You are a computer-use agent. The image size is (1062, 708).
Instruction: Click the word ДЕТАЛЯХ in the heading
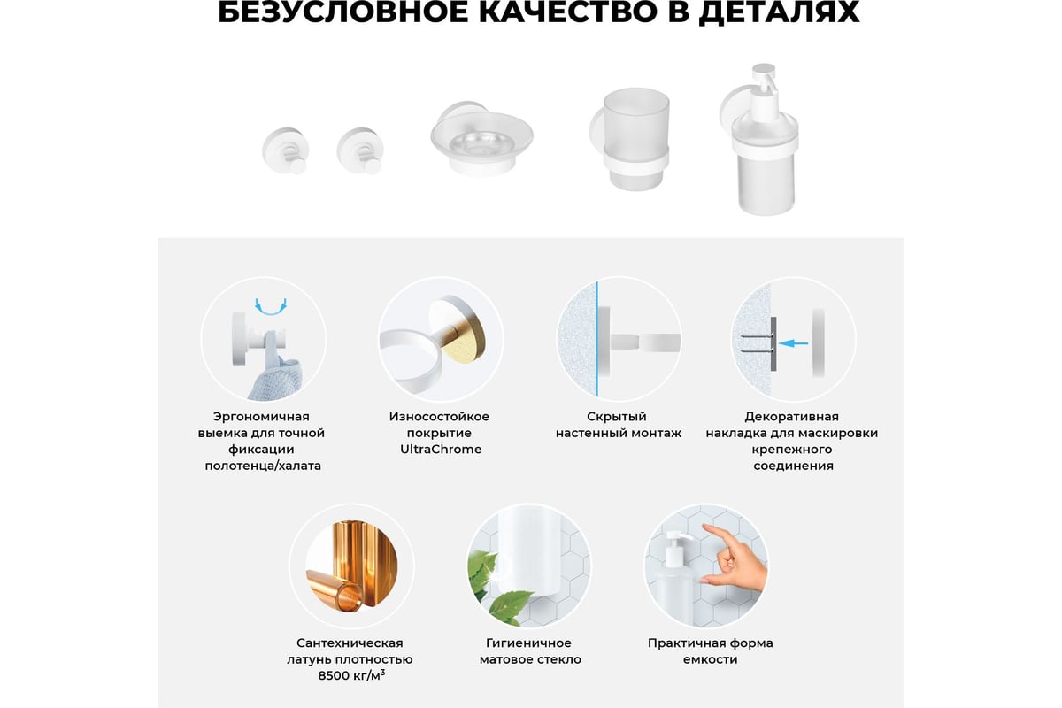pyautogui.click(x=779, y=13)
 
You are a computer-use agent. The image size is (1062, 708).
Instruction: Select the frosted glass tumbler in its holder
pyautogui.click(x=631, y=139)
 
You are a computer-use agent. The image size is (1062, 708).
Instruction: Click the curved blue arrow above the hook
pyautogui.click(x=270, y=307)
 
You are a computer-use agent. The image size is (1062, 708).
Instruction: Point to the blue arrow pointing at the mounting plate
pyautogui.click(x=794, y=342)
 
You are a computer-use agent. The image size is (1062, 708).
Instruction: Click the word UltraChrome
pyautogui.click(x=441, y=449)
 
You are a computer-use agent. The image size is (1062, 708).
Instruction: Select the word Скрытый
pyautogui.click(x=616, y=417)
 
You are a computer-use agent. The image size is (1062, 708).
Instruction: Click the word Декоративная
pyautogui.click(x=791, y=417)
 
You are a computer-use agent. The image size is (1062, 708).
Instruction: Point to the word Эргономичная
pyautogui.click(x=261, y=417)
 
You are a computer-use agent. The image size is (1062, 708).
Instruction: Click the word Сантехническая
pyautogui.click(x=350, y=643)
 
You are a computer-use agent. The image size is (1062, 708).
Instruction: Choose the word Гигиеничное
pyautogui.click(x=528, y=643)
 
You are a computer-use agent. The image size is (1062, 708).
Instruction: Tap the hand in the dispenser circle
pyautogui.click(x=733, y=558)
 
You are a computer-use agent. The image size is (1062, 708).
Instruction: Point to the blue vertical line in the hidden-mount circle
pyautogui.click(x=596, y=339)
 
